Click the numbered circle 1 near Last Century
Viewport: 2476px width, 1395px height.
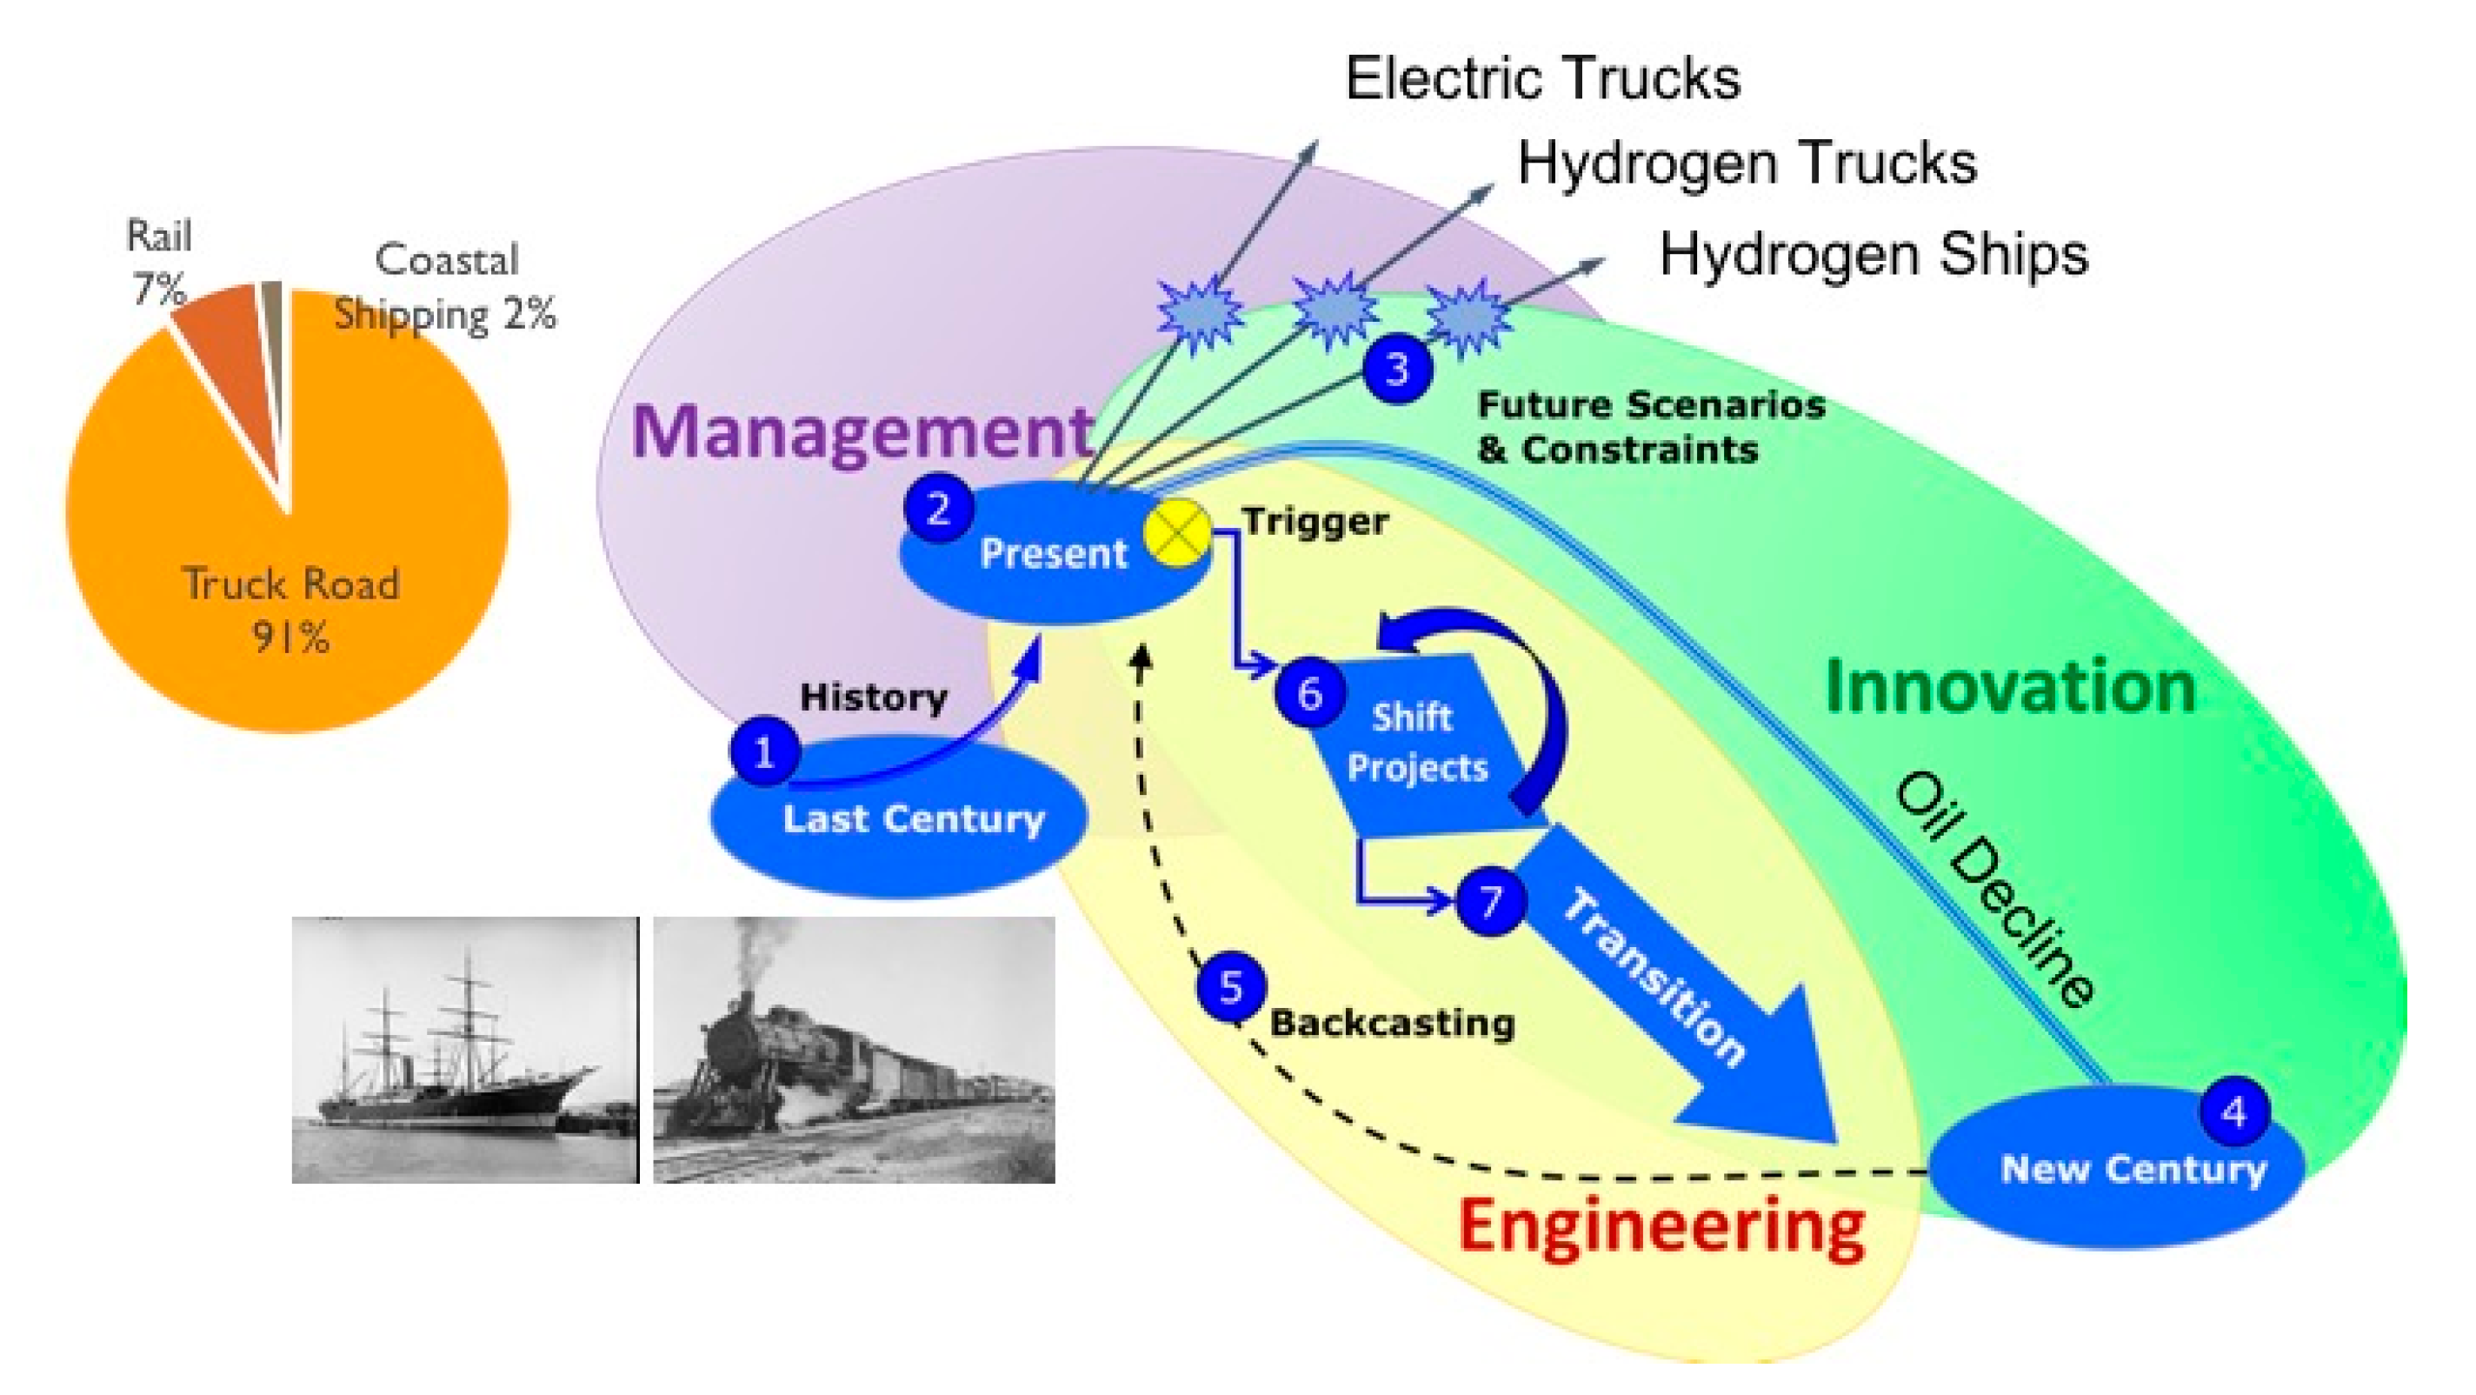(x=764, y=751)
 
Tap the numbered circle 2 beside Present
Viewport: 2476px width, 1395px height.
(x=938, y=508)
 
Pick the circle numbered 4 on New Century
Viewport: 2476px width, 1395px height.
(x=2233, y=1111)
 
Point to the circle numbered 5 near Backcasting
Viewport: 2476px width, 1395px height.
(x=1231, y=987)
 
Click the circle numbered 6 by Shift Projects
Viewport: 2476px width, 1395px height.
(x=1310, y=693)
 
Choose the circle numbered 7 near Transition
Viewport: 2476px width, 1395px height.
(x=1491, y=901)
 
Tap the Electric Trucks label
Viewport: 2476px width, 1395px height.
(x=1541, y=78)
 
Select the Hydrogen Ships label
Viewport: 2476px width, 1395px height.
(x=1874, y=255)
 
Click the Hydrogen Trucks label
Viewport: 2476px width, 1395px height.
(x=1747, y=163)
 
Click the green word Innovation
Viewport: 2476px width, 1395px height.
(x=2011, y=687)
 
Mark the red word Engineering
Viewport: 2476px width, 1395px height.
(x=1662, y=1227)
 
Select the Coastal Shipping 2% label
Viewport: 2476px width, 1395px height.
(x=445, y=286)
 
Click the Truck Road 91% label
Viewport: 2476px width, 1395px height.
(x=290, y=610)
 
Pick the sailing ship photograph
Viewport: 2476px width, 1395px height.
(x=465, y=1050)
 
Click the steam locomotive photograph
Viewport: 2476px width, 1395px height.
(x=854, y=1050)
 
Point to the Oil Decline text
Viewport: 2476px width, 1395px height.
(x=1994, y=890)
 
